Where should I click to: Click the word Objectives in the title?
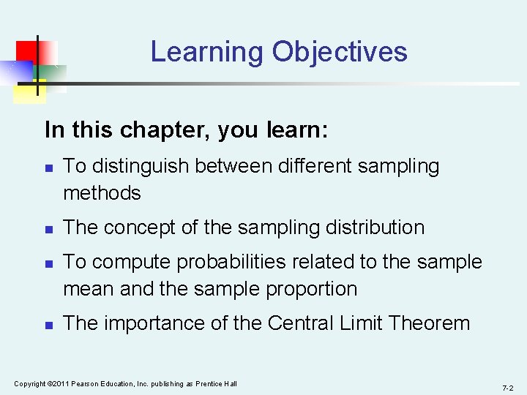(x=340, y=53)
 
